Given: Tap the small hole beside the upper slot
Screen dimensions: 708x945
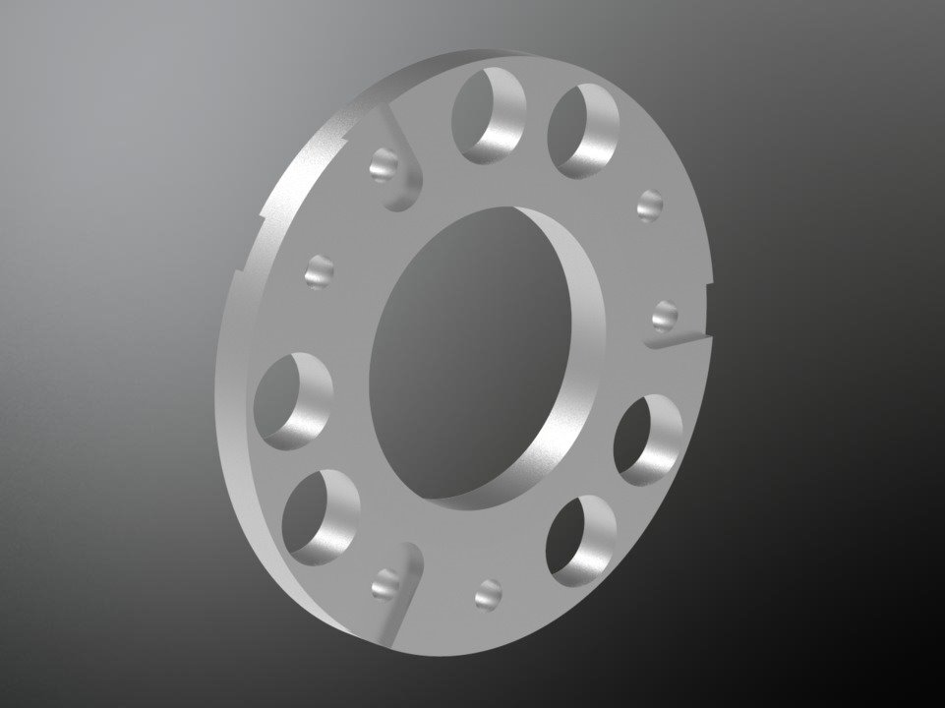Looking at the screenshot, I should [384, 164].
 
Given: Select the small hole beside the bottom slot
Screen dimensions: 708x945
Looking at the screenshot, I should [385, 586].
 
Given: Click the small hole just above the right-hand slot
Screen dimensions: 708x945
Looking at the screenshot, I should [665, 316].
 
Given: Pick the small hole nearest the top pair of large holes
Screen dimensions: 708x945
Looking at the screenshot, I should [649, 206].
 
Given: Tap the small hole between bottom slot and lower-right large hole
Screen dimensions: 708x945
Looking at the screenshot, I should [488, 593].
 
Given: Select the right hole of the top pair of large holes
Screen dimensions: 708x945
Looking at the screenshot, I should [583, 130].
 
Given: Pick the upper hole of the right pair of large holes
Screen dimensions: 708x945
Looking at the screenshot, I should [647, 439].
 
